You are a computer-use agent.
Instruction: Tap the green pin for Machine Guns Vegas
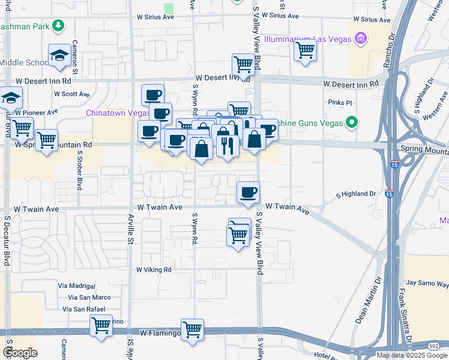coord(352,123)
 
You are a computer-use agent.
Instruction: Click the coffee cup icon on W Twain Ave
coord(248,193)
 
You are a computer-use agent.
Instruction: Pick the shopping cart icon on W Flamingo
coord(192,329)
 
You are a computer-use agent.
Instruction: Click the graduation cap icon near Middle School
coord(59,56)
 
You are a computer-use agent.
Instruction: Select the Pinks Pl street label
coord(340,103)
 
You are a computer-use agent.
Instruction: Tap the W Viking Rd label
coord(154,269)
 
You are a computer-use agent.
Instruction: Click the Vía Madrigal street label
coord(77,286)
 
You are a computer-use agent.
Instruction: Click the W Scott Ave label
coord(71,94)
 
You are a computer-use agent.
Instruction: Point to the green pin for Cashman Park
coord(58,26)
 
